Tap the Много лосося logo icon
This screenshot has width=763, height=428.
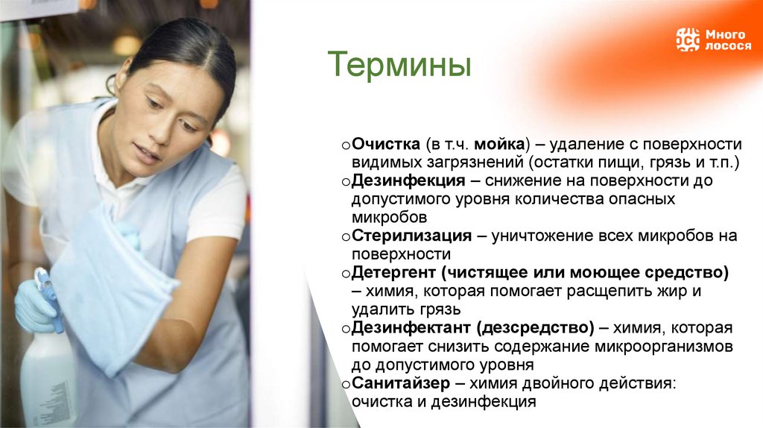pyautogui.click(x=688, y=40)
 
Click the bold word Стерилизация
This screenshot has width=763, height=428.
pyautogui.click(x=412, y=236)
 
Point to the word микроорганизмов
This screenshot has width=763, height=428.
pyautogui.click(x=665, y=347)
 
